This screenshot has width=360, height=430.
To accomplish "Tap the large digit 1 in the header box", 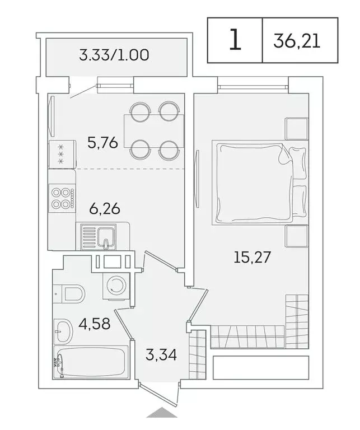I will click(x=235, y=40).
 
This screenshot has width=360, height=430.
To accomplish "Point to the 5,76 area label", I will click(x=102, y=143).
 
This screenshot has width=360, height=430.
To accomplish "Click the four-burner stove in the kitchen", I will click(x=62, y=197).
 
